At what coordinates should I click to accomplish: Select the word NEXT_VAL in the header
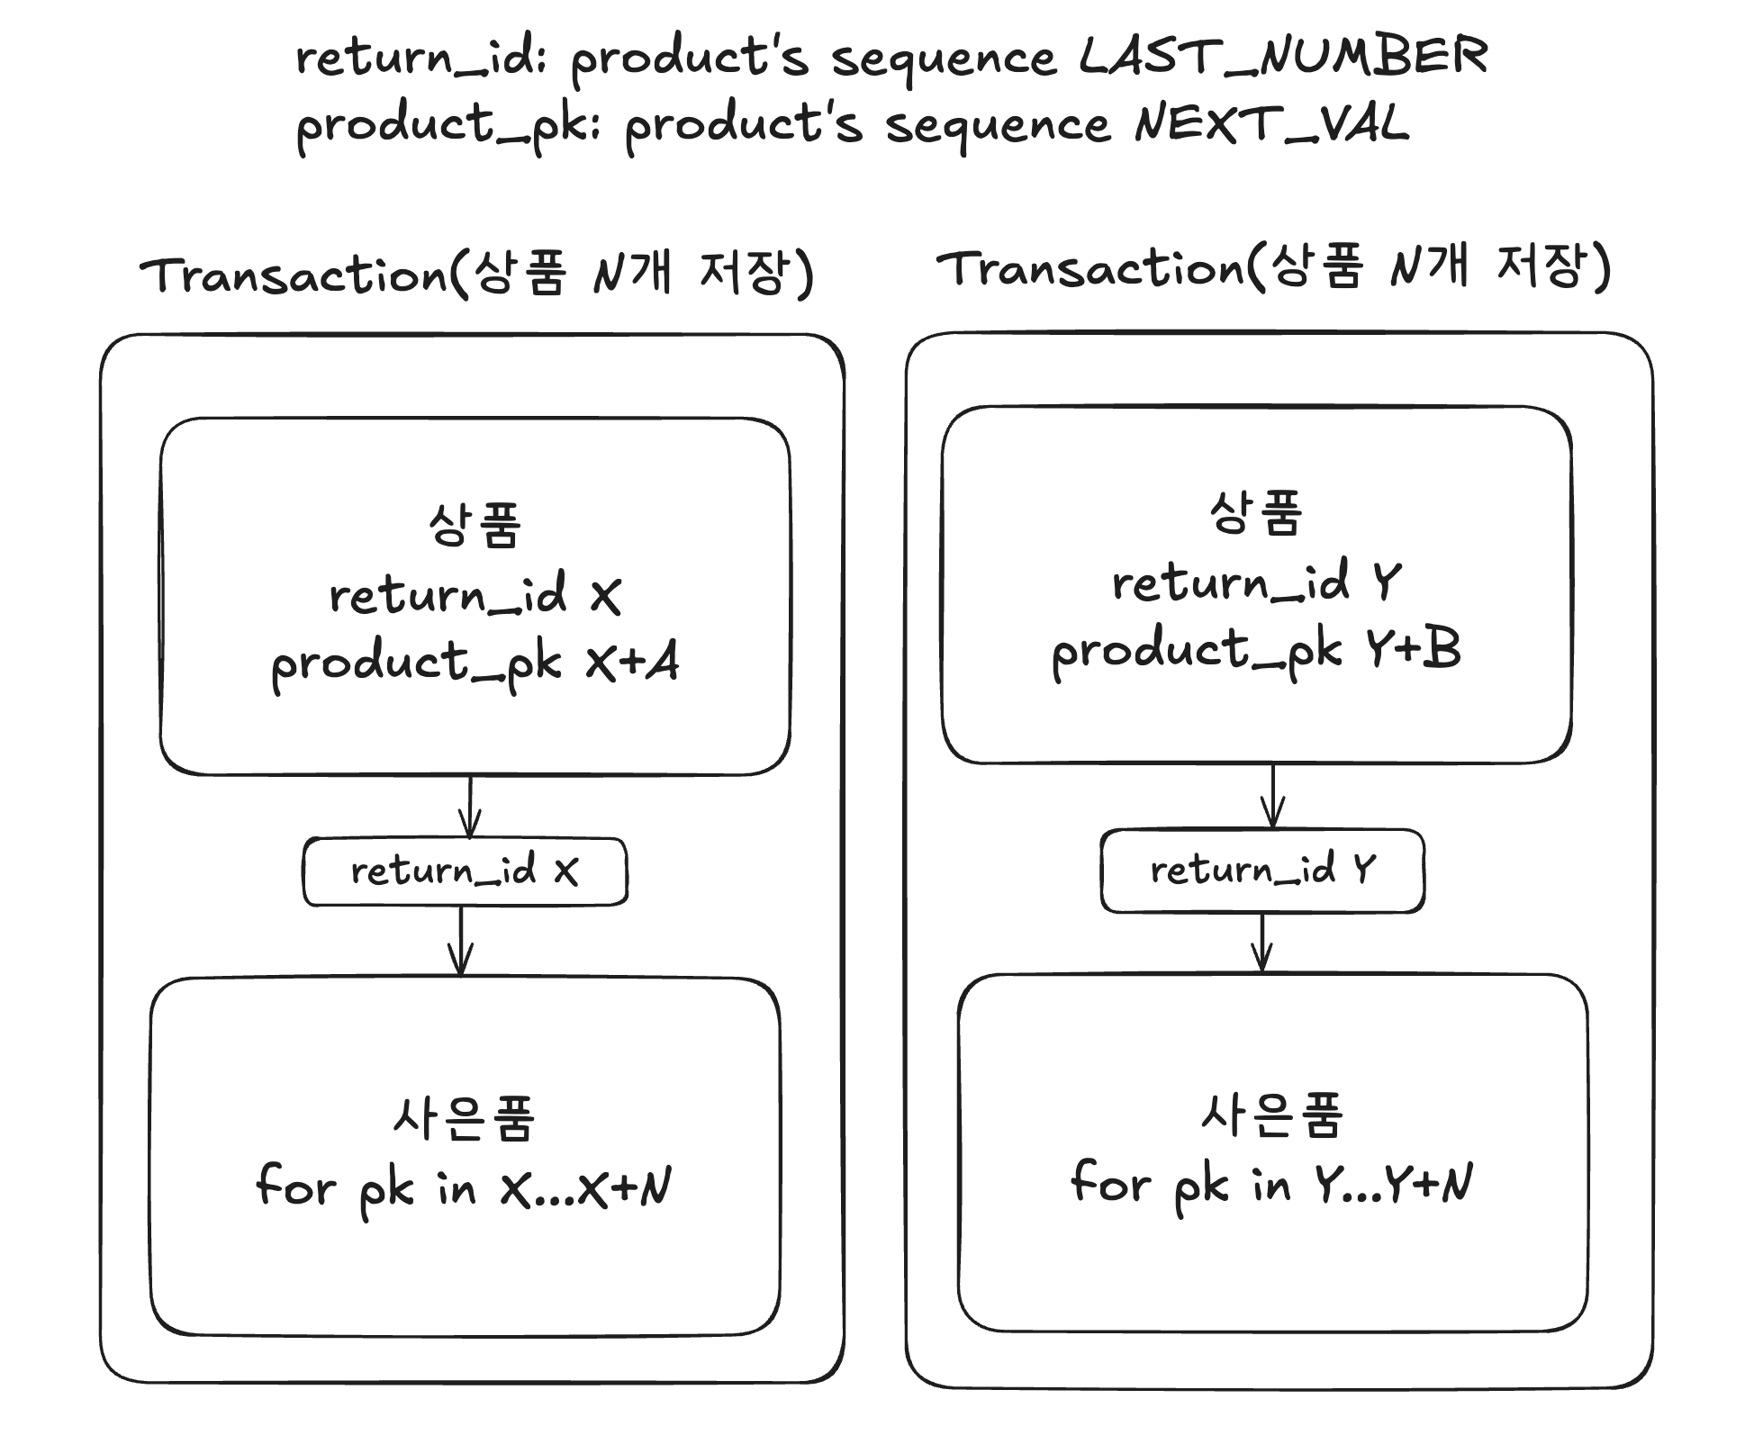[x=1271, y=125]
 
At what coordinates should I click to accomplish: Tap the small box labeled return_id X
[x=465, y=871]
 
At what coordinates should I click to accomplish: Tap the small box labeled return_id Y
[x=1262, y=871]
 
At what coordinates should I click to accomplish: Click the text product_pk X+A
[x=475, y=664]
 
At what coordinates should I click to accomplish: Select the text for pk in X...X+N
[x=464, y=1187]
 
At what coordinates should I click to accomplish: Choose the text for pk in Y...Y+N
[x=1271, y=1183]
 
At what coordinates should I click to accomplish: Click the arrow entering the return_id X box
[x=470, y=807]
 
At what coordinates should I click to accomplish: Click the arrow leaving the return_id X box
[x=461, y=941]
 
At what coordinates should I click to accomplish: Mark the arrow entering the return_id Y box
[x=1272, y=797]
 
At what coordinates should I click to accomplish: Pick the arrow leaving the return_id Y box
[x=1262, y=943]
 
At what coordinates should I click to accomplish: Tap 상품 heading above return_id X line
[x=475, y=526]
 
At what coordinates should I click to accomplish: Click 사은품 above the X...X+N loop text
[x=464, y=1119]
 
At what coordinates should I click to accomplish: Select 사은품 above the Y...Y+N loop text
[x=1271, y=1115]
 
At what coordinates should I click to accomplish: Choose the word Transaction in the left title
[x=294, y=275]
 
